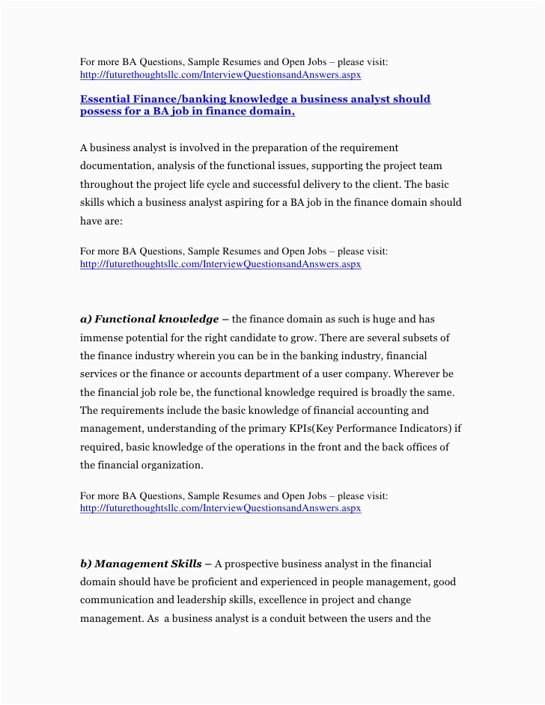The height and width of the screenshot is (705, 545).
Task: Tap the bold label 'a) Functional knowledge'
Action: pos(150,320)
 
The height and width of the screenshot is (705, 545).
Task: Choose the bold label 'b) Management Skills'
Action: pos(141,564)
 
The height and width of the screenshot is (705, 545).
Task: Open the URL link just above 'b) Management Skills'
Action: pos(220,508)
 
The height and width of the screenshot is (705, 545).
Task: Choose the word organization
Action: pos(168,466)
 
